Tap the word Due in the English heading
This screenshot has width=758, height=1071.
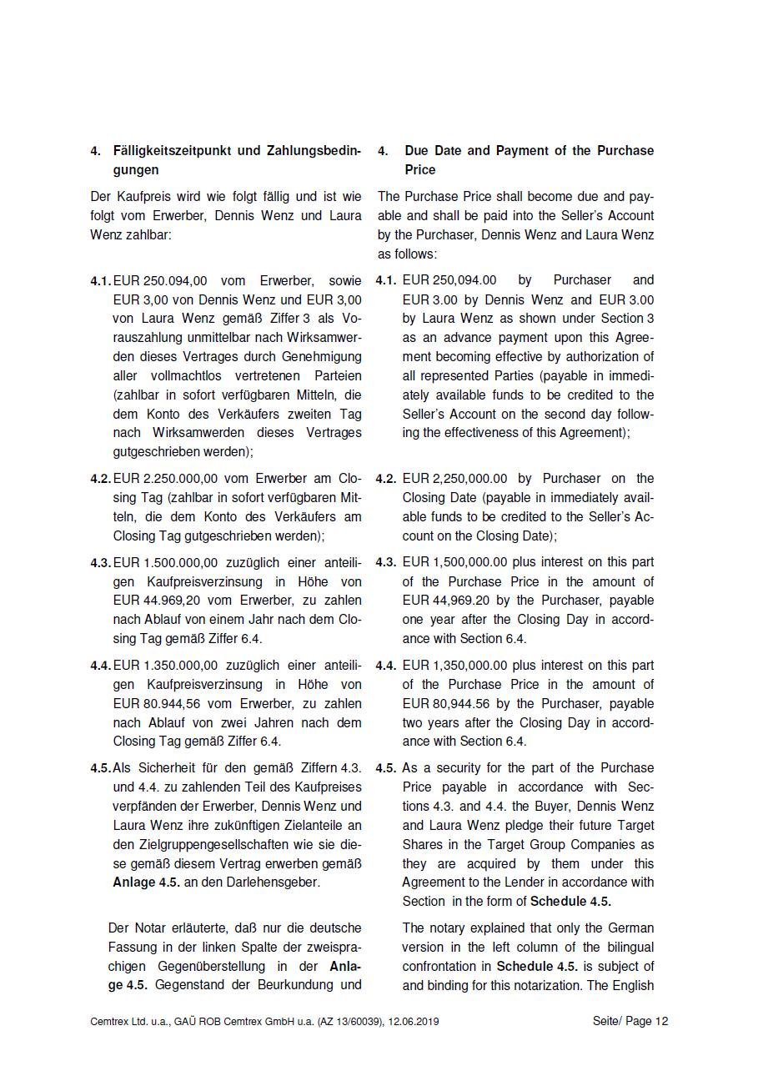point(418,151)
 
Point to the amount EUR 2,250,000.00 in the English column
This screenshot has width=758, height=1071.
point(454,479)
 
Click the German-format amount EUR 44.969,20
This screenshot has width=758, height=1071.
point(155,601)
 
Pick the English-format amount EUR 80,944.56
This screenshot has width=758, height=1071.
point(446,704)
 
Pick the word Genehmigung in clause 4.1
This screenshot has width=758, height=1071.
point(325,357)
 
